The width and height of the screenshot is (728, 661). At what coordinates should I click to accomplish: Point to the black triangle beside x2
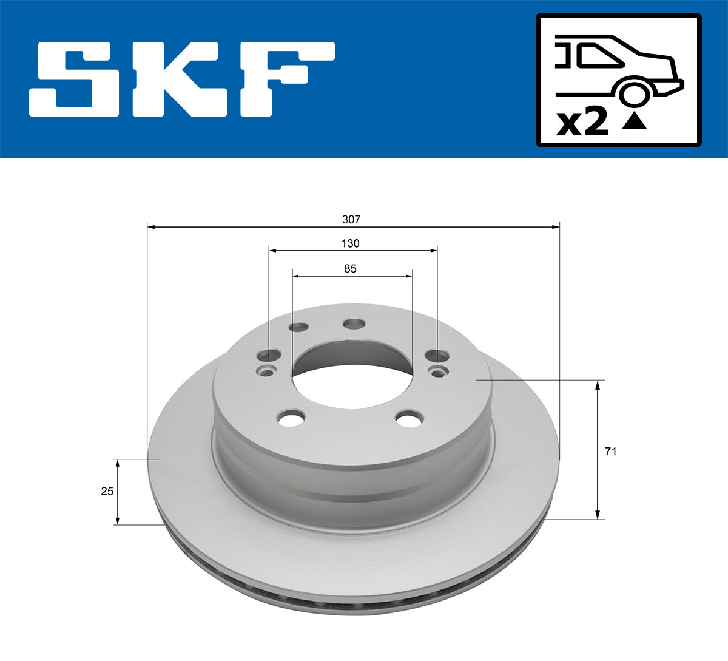pos(635,121)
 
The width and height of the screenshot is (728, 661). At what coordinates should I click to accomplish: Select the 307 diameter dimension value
pos(351,219)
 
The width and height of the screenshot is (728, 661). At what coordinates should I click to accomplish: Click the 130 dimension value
pos(350,243)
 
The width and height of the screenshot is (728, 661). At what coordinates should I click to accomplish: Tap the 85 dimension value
pos(350,268)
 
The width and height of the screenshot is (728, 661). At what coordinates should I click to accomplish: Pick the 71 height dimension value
pos(611,452)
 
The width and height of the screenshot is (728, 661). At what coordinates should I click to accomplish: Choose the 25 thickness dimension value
pos(107,491)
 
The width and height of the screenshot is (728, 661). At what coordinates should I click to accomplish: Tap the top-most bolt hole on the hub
pos(354,324)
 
